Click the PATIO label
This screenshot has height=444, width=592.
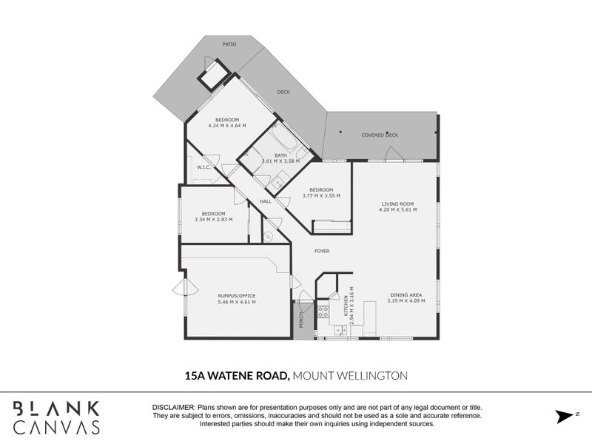(229, 44)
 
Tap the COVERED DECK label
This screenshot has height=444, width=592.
(380, 135)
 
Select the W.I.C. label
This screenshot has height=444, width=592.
(205, 167)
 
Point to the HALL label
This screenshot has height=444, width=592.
(265, 201)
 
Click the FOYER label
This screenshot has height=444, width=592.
(322, 251)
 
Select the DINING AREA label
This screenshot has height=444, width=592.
(404, 295)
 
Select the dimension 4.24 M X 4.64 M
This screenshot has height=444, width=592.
(227, 126)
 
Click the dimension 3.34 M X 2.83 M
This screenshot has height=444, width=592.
(213, 219)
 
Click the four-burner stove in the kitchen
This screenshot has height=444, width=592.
(323, 312)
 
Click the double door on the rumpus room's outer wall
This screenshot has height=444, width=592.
(185, 289)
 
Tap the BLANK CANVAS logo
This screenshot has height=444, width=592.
(56, 417)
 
